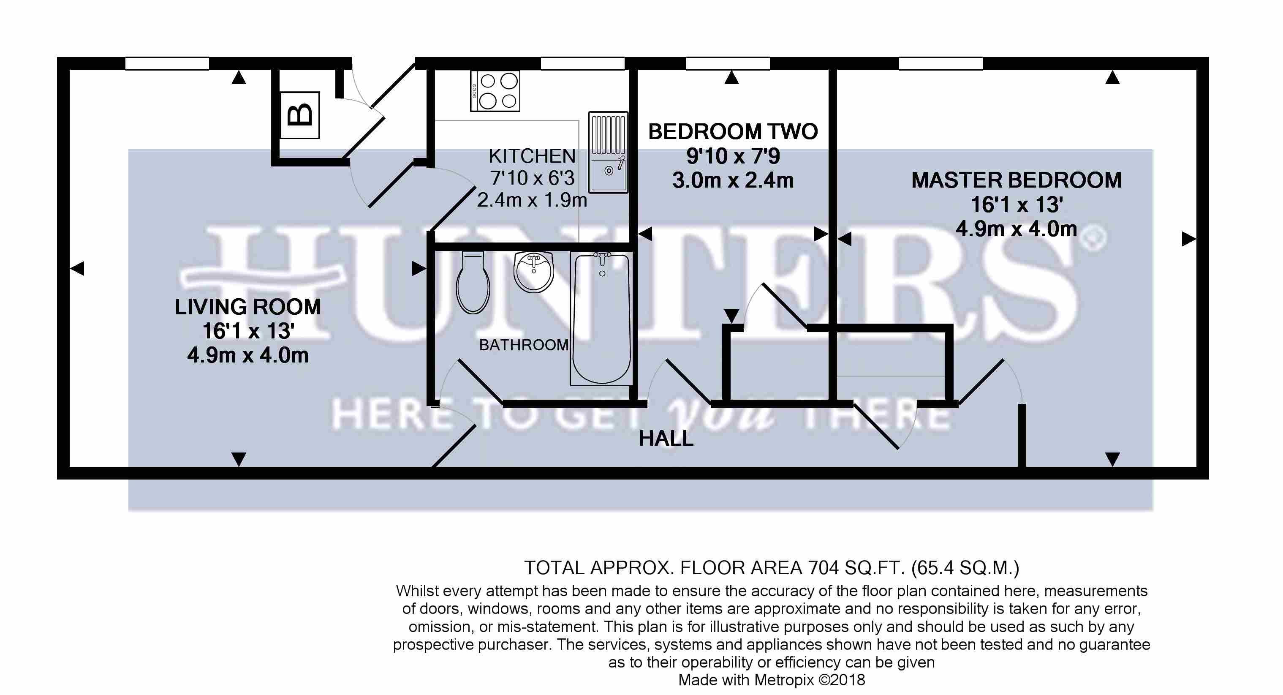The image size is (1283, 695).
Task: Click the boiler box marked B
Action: point(300,115)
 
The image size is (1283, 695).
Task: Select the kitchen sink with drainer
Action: point(608,152)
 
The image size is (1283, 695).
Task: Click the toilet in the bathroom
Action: point(473,283)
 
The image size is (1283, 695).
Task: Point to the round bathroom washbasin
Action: point(533,273)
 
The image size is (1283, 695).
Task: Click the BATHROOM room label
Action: point(524,345)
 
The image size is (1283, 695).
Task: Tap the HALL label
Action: point(666,439)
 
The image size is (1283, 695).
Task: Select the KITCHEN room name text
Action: point(532,156)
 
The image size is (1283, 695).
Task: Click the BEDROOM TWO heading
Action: point(733,131)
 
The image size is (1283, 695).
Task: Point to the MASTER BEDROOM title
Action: point(1017,180)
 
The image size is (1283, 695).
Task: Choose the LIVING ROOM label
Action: point(248,307)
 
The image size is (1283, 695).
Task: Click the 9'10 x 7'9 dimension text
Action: point(733,156)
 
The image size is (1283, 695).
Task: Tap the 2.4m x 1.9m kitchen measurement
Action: point(532,200)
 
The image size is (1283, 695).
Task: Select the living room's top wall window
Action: point(167,64)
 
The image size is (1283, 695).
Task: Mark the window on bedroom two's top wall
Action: point(728,64)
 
